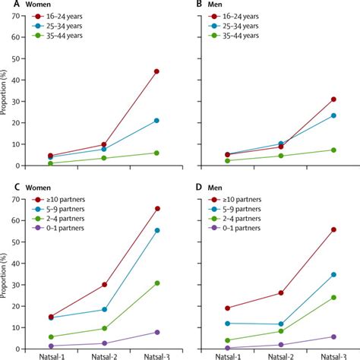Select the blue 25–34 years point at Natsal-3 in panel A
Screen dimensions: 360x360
156,120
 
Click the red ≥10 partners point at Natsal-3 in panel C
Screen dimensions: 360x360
156,208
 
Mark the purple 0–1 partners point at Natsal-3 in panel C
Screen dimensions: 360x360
156,332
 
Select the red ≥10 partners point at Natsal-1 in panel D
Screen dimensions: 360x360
228,308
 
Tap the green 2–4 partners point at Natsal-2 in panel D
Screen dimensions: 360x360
280,331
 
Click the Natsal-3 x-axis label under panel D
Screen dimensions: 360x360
333,354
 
